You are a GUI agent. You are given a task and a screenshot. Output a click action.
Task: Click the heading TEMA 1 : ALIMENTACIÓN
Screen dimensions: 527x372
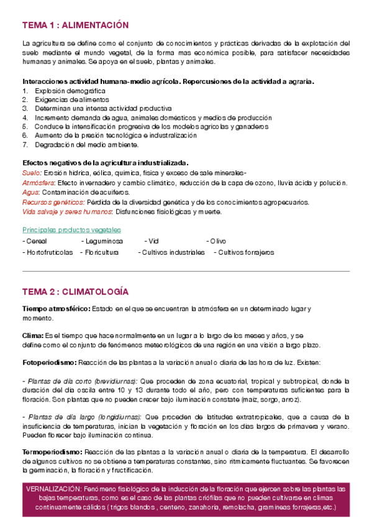[75, 25]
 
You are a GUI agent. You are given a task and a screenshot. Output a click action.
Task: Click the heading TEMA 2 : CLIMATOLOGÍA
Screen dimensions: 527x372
[75, 291]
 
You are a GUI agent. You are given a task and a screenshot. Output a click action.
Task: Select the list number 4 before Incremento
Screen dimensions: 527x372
[25, 117]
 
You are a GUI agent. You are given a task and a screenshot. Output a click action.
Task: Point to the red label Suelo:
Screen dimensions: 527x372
[32, 173]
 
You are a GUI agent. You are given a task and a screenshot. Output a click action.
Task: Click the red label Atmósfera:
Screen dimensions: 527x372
[39, 183]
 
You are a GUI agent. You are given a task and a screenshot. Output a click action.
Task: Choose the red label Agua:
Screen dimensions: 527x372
[30, 193]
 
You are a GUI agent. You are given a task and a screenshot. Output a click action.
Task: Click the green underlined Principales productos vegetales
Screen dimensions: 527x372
[71, 230]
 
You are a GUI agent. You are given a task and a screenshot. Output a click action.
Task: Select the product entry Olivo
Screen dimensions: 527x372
[217, 241]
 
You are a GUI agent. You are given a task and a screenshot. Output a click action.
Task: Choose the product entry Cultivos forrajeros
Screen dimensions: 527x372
[244, 252]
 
